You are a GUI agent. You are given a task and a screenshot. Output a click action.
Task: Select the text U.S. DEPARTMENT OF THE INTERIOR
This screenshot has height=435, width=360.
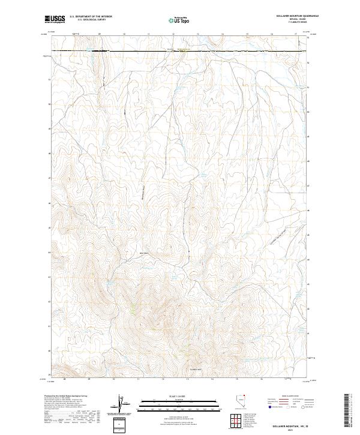(x=91, y=17)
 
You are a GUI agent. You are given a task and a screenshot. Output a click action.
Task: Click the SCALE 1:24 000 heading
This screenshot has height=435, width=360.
(x=179, y=397)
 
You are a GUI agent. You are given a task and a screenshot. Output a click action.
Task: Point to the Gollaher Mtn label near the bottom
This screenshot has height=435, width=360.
(x=197, y=368)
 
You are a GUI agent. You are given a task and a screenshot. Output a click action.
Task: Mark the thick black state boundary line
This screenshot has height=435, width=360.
(x=180, y=52)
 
